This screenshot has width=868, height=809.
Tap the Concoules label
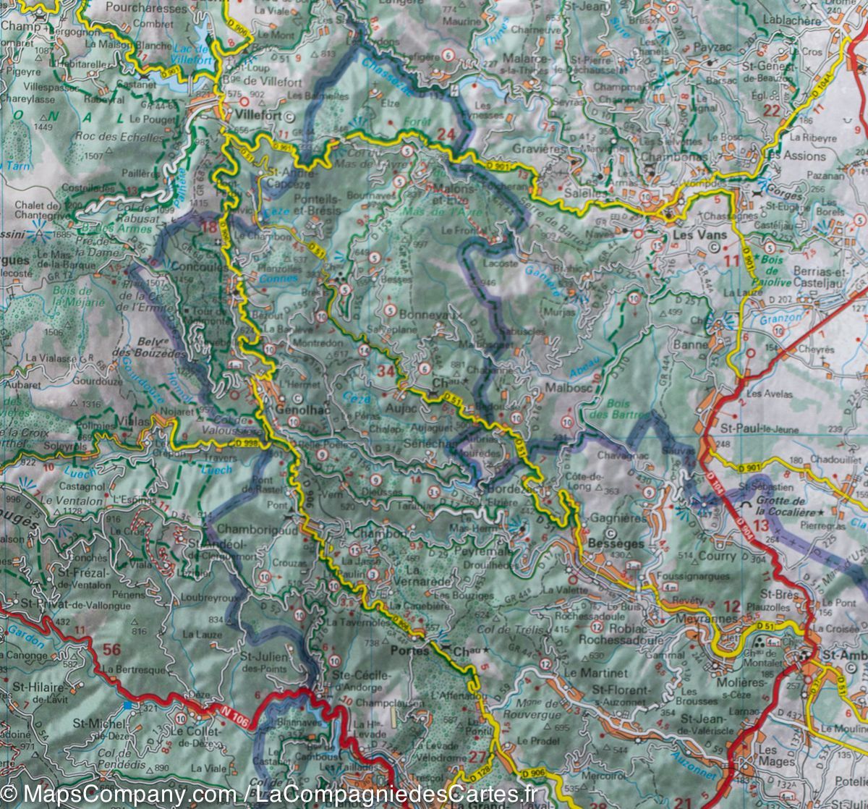pos(196,266)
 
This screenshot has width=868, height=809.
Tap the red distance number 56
pos(111,649)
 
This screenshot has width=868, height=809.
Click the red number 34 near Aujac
pos(386,372)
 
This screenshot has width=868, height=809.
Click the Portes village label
pos(409,651)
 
